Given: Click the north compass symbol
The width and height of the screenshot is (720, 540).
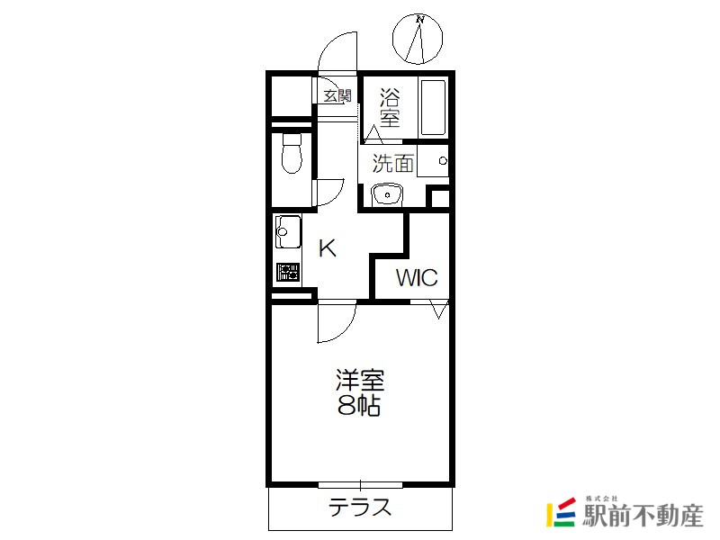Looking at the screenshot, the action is (x=418, y=39).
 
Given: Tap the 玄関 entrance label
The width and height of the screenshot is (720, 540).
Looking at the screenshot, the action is (x=337, y=96).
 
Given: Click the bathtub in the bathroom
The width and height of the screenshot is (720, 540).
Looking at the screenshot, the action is (x=433, y=108).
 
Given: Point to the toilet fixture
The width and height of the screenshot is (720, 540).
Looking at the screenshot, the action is (x=291, y=153).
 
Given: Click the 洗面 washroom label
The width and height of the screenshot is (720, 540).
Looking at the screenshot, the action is (x=393, y=163).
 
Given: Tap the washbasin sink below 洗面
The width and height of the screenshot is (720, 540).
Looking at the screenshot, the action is (x=387, y=194).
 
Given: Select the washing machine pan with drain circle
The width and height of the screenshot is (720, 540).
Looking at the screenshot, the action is (x=433, y=161).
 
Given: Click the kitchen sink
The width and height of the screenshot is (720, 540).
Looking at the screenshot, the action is (x=288, y=231).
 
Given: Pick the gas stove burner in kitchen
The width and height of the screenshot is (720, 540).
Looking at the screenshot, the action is (x=288, y=273).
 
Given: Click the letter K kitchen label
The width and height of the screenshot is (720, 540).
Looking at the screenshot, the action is (x=328, y=249).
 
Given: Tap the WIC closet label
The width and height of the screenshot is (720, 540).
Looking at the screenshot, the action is (x=417, y=278).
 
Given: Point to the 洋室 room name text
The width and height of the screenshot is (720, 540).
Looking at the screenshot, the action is (x=359, y=380).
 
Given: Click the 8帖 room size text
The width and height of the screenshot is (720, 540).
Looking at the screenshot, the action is (x=359, y=405).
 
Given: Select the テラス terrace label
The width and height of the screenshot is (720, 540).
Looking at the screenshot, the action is (x=360, y=508).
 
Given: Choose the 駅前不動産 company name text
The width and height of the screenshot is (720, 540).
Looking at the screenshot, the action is (x=643, y=516).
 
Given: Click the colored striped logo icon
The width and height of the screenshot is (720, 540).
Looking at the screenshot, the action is (x=561, y=512).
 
